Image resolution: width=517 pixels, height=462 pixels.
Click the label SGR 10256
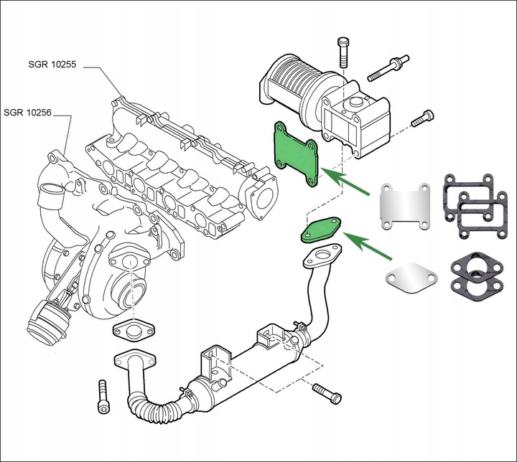click(x=27, y=113)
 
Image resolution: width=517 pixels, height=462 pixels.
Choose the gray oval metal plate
click(x=409, y=275)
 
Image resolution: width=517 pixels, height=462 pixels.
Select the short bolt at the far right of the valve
click(x=423, y=116)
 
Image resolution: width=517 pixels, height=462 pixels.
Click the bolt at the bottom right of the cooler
click(x=327, y=394)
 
